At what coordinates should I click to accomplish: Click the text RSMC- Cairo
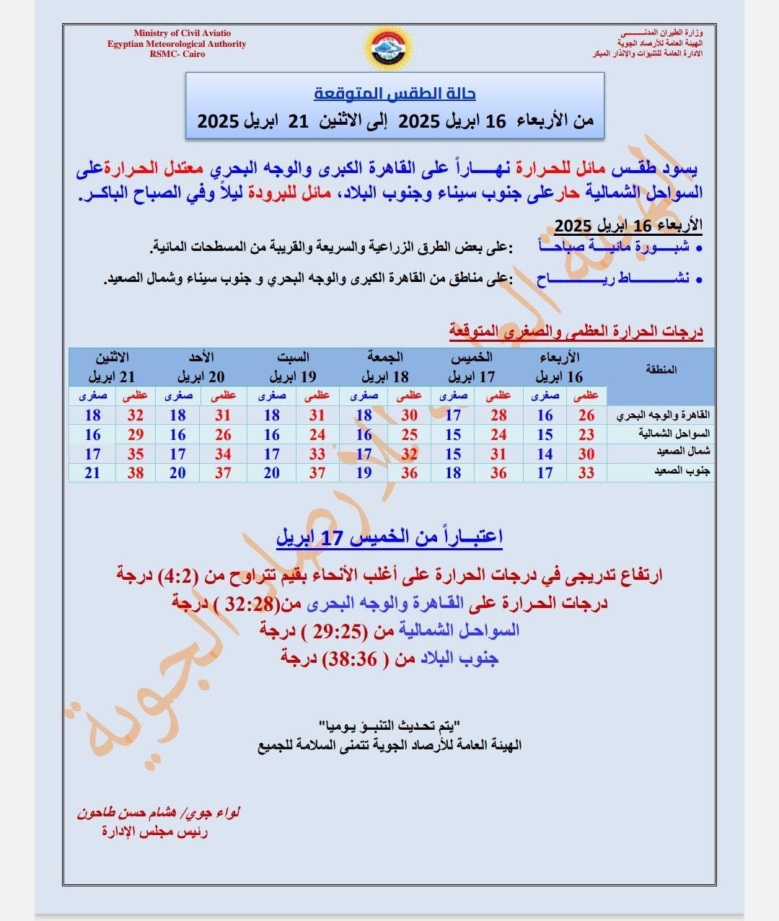[177, 54]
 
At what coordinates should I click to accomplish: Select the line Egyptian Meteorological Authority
[177, 44]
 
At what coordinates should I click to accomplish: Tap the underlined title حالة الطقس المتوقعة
[395, 94]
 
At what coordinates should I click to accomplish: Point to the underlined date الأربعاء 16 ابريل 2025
[628, 226]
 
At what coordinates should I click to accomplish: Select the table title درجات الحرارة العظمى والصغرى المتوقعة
[576, 332]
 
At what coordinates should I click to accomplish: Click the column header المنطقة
[663, 369]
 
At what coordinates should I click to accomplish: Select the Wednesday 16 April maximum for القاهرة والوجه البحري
[586, 415]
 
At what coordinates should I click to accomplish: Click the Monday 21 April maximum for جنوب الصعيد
[135, 473]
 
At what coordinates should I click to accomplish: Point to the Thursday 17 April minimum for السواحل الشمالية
[453, 435]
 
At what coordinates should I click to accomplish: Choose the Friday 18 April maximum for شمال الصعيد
[409, 454]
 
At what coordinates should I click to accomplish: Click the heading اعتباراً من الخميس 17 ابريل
[389, 537]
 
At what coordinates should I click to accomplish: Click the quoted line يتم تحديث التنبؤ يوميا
[389, 723]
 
